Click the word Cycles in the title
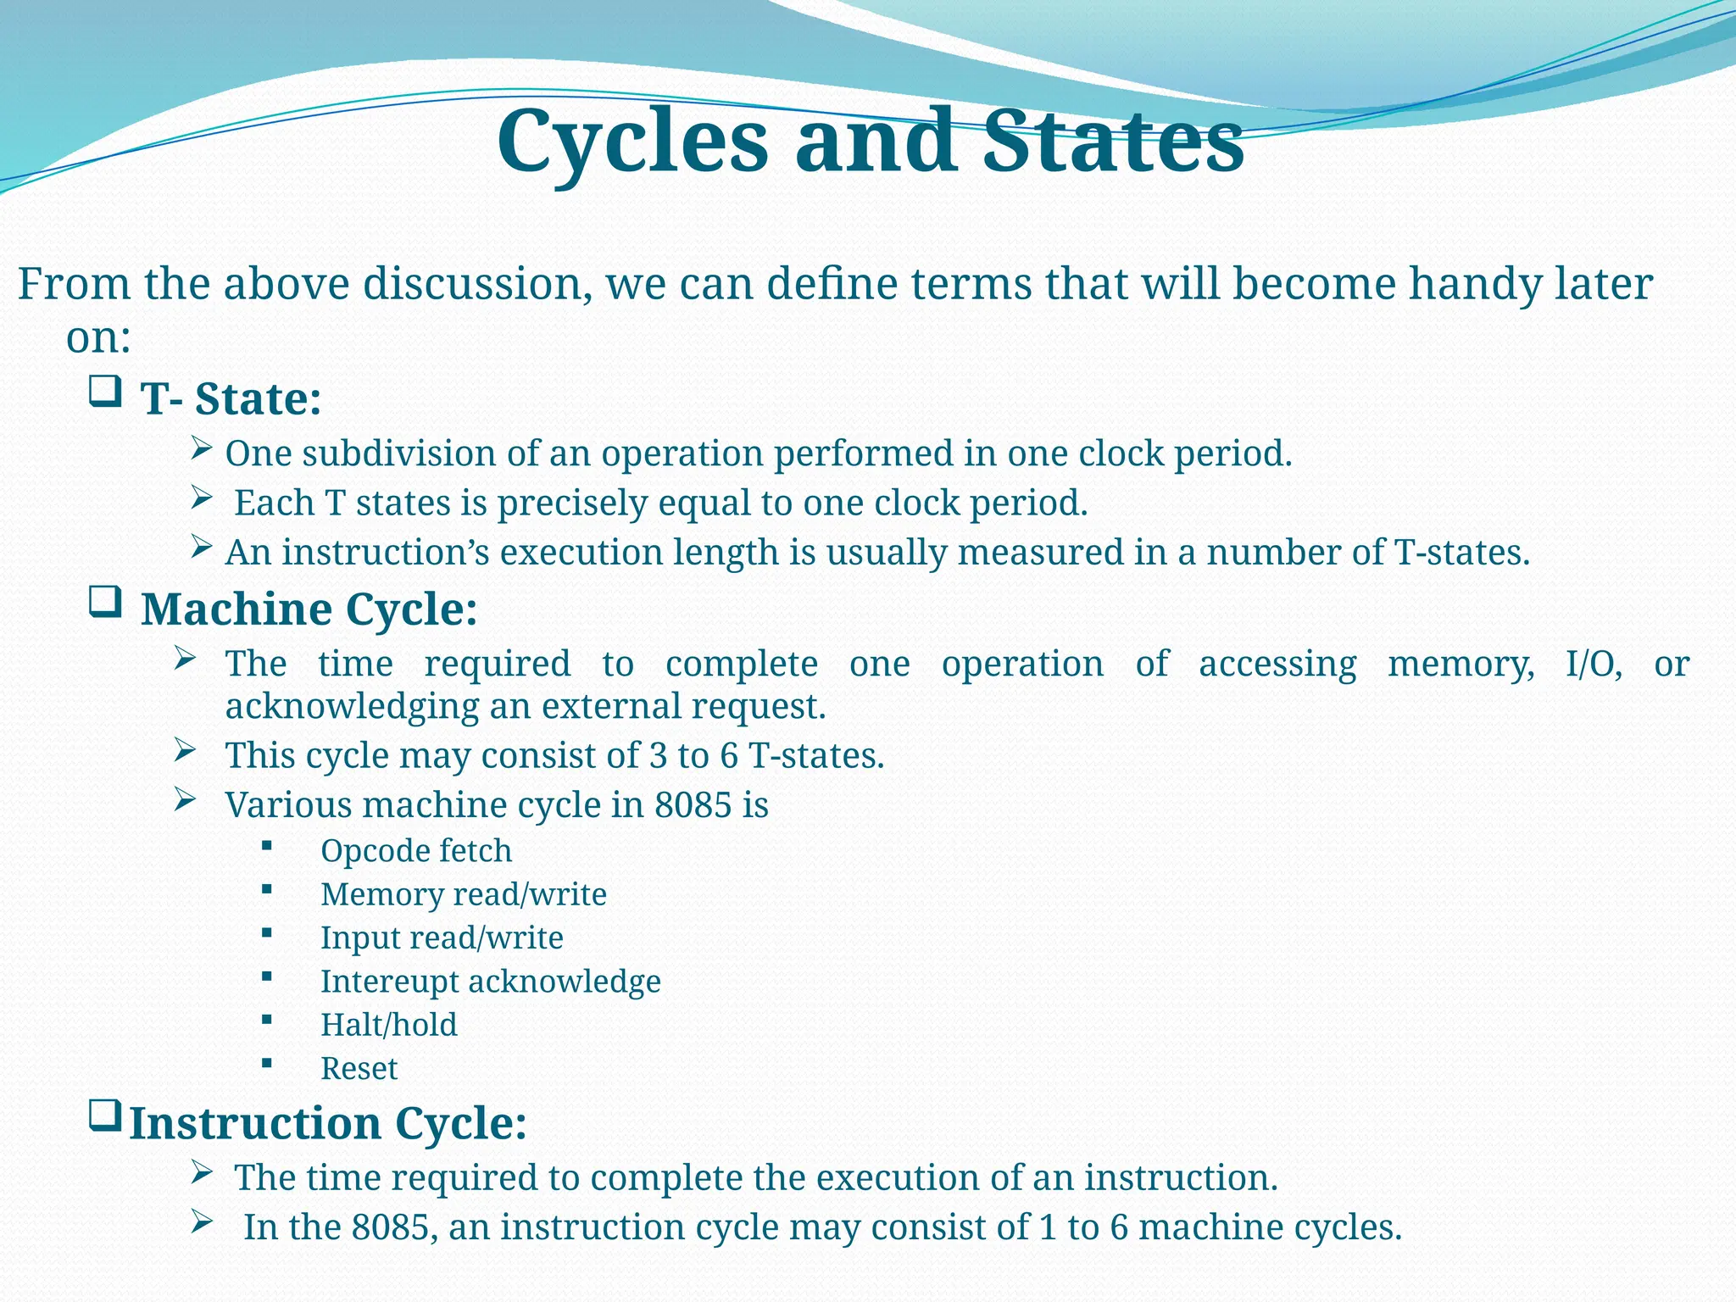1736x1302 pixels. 632,142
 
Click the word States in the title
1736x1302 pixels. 1113,142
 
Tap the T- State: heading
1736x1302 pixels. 231,398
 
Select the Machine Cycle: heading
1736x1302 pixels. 309,609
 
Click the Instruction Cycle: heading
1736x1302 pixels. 328,1123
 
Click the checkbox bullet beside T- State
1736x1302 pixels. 105,392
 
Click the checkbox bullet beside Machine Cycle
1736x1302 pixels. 105,602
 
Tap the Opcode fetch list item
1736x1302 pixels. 416,850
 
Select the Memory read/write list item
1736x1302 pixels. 463,894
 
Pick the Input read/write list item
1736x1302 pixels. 442,938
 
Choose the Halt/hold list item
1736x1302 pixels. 388,1025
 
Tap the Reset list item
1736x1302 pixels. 359,1068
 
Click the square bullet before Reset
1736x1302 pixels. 267,1062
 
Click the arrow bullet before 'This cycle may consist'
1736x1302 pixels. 185,749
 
